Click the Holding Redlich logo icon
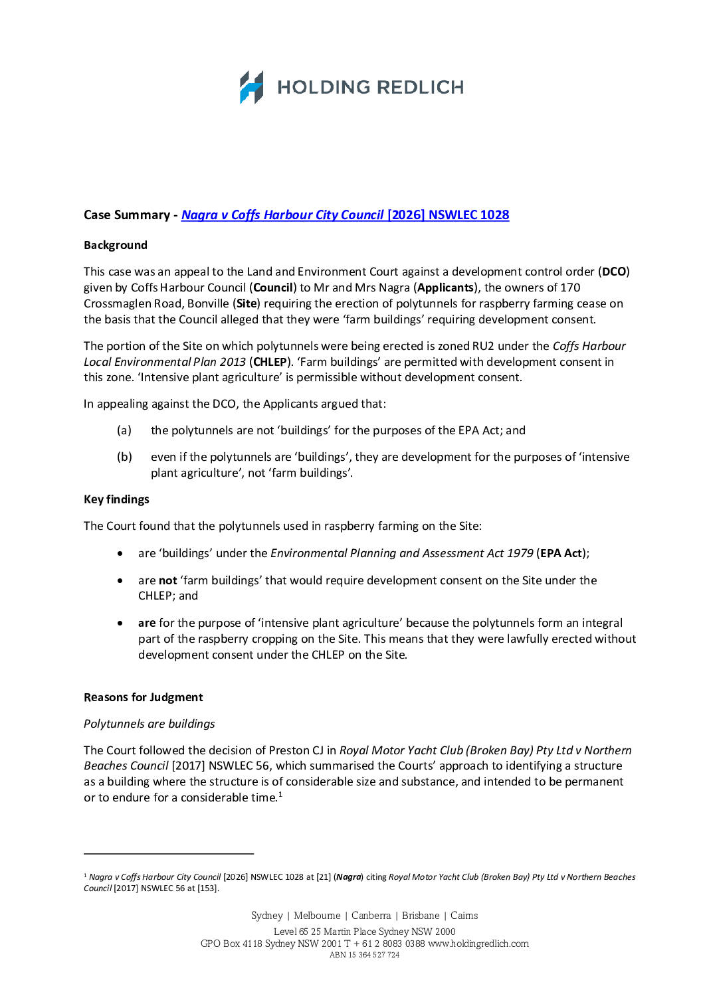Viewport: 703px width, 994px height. click(x=251, y=87)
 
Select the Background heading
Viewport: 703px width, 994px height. click(x=116, y=245)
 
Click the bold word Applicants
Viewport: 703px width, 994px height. click(x=445, y=288)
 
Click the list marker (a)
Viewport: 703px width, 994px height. click(x=124, y=430)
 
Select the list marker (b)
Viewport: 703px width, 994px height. click(x=124, y=457)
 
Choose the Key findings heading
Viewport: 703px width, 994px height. click(x=116, y=499)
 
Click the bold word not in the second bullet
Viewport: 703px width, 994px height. click(x=167, y=580)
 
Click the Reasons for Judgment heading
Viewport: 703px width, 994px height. click(x=144, y=697)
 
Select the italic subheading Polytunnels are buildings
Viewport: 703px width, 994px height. click(x=150, y=724)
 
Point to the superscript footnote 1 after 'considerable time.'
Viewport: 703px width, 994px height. click(x=280, y=794)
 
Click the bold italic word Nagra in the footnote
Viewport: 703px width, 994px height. click(x=348, y=877)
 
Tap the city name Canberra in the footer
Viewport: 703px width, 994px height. click(x=371, y=916)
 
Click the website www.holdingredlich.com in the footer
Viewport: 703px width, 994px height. click(x=478, y=944)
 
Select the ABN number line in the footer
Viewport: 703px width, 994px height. click(x=365, y=955)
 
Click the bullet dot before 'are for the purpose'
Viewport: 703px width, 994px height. click(x=120, y=623)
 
